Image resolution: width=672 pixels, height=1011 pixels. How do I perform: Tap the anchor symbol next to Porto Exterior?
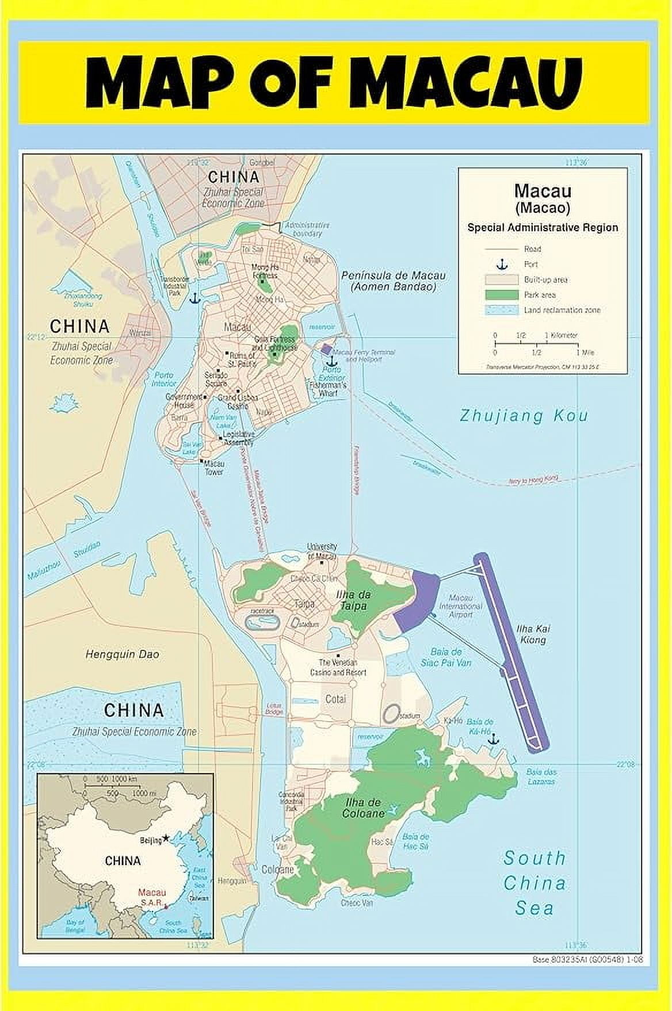click(x=330, y=361)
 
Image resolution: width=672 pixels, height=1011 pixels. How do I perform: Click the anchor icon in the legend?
click(x=502, y=265)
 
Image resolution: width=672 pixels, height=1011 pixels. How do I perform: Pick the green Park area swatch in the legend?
click(x=502, y=295)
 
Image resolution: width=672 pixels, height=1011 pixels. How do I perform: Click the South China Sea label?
click(x=534, y=883)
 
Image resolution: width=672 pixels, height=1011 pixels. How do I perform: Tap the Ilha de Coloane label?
click(x=363, y=808)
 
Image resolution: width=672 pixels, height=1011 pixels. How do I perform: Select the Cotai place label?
click(x=336, y=699)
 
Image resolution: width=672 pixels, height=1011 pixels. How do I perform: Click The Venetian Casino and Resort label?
click(x=338, y=667)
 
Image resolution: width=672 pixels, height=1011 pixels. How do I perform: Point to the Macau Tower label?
click(x=214, y=468)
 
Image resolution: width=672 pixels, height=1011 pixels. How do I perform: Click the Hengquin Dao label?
click(x=123, y=654)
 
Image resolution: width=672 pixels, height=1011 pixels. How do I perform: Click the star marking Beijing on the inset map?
click(x=166, y=838)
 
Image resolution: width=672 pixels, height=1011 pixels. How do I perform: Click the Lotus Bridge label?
click(x=274, y=709)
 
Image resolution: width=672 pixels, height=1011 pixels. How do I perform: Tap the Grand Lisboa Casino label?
click(x=233, y=401)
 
